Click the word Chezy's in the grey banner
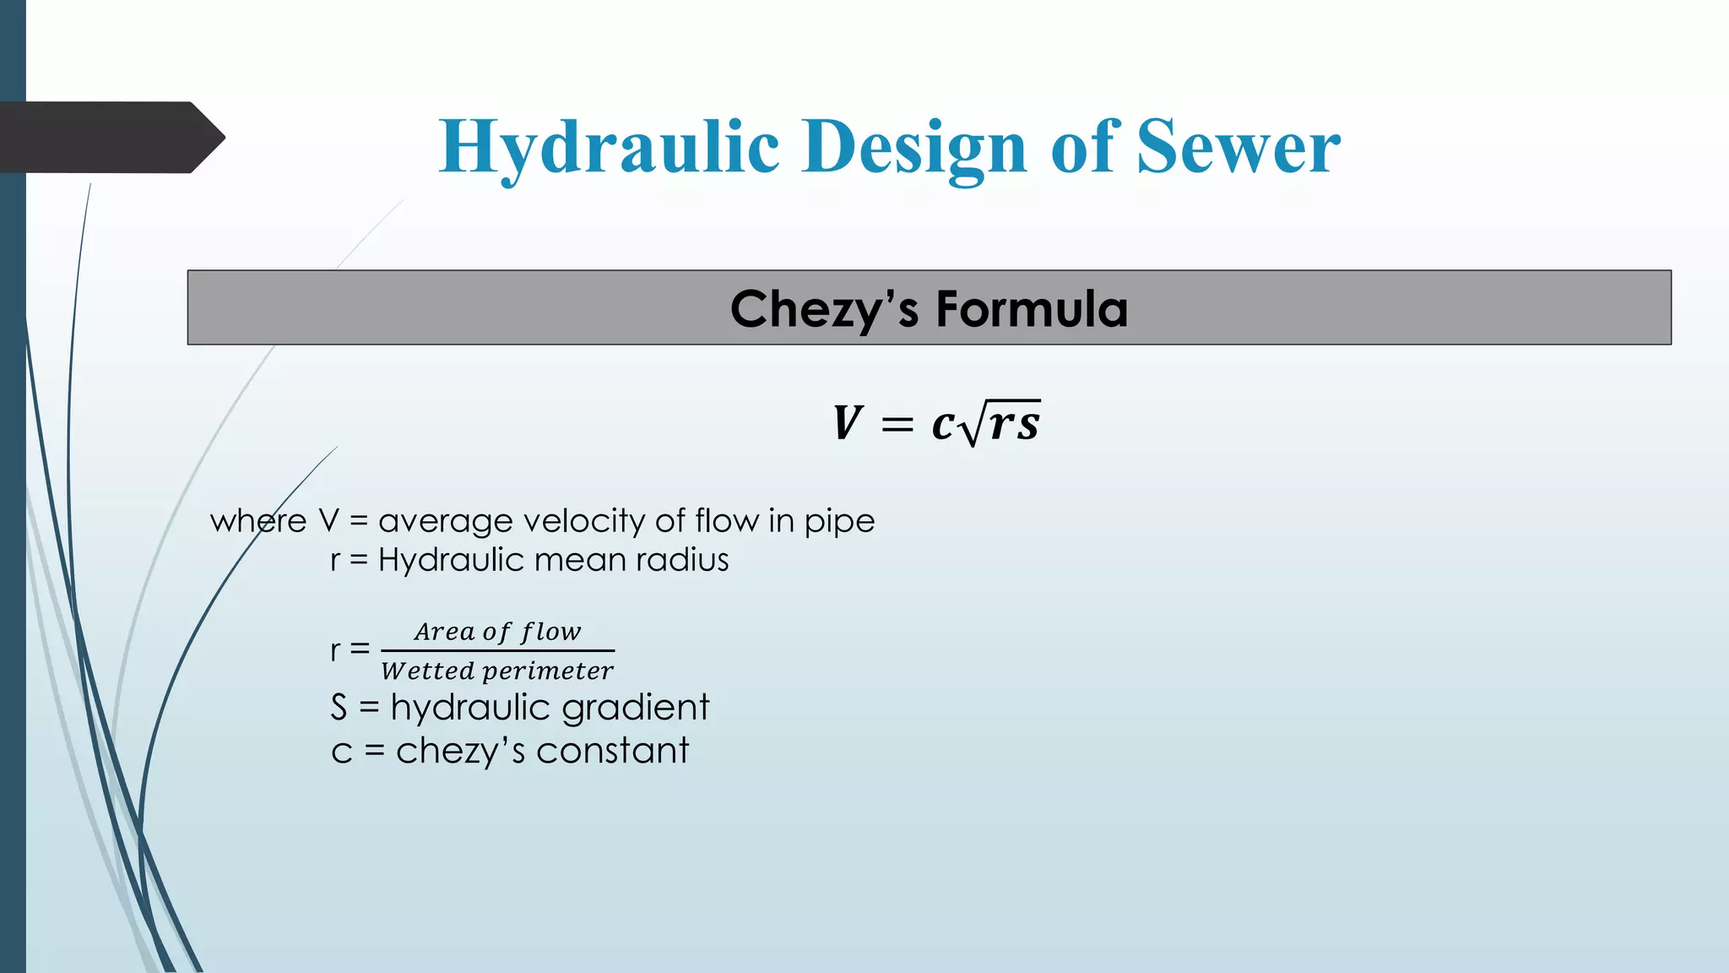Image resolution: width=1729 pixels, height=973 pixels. [823, 309]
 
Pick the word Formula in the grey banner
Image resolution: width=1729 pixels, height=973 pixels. [1032, 309]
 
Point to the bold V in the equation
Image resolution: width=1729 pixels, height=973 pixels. [847, 423]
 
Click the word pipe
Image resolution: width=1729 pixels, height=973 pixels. [839, 522]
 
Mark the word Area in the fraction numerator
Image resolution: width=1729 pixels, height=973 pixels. [444, 632]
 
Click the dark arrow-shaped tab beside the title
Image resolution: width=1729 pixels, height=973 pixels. [110, 138]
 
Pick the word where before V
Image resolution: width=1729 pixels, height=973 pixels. [258, 521]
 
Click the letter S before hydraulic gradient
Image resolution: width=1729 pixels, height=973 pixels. [339, 708]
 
